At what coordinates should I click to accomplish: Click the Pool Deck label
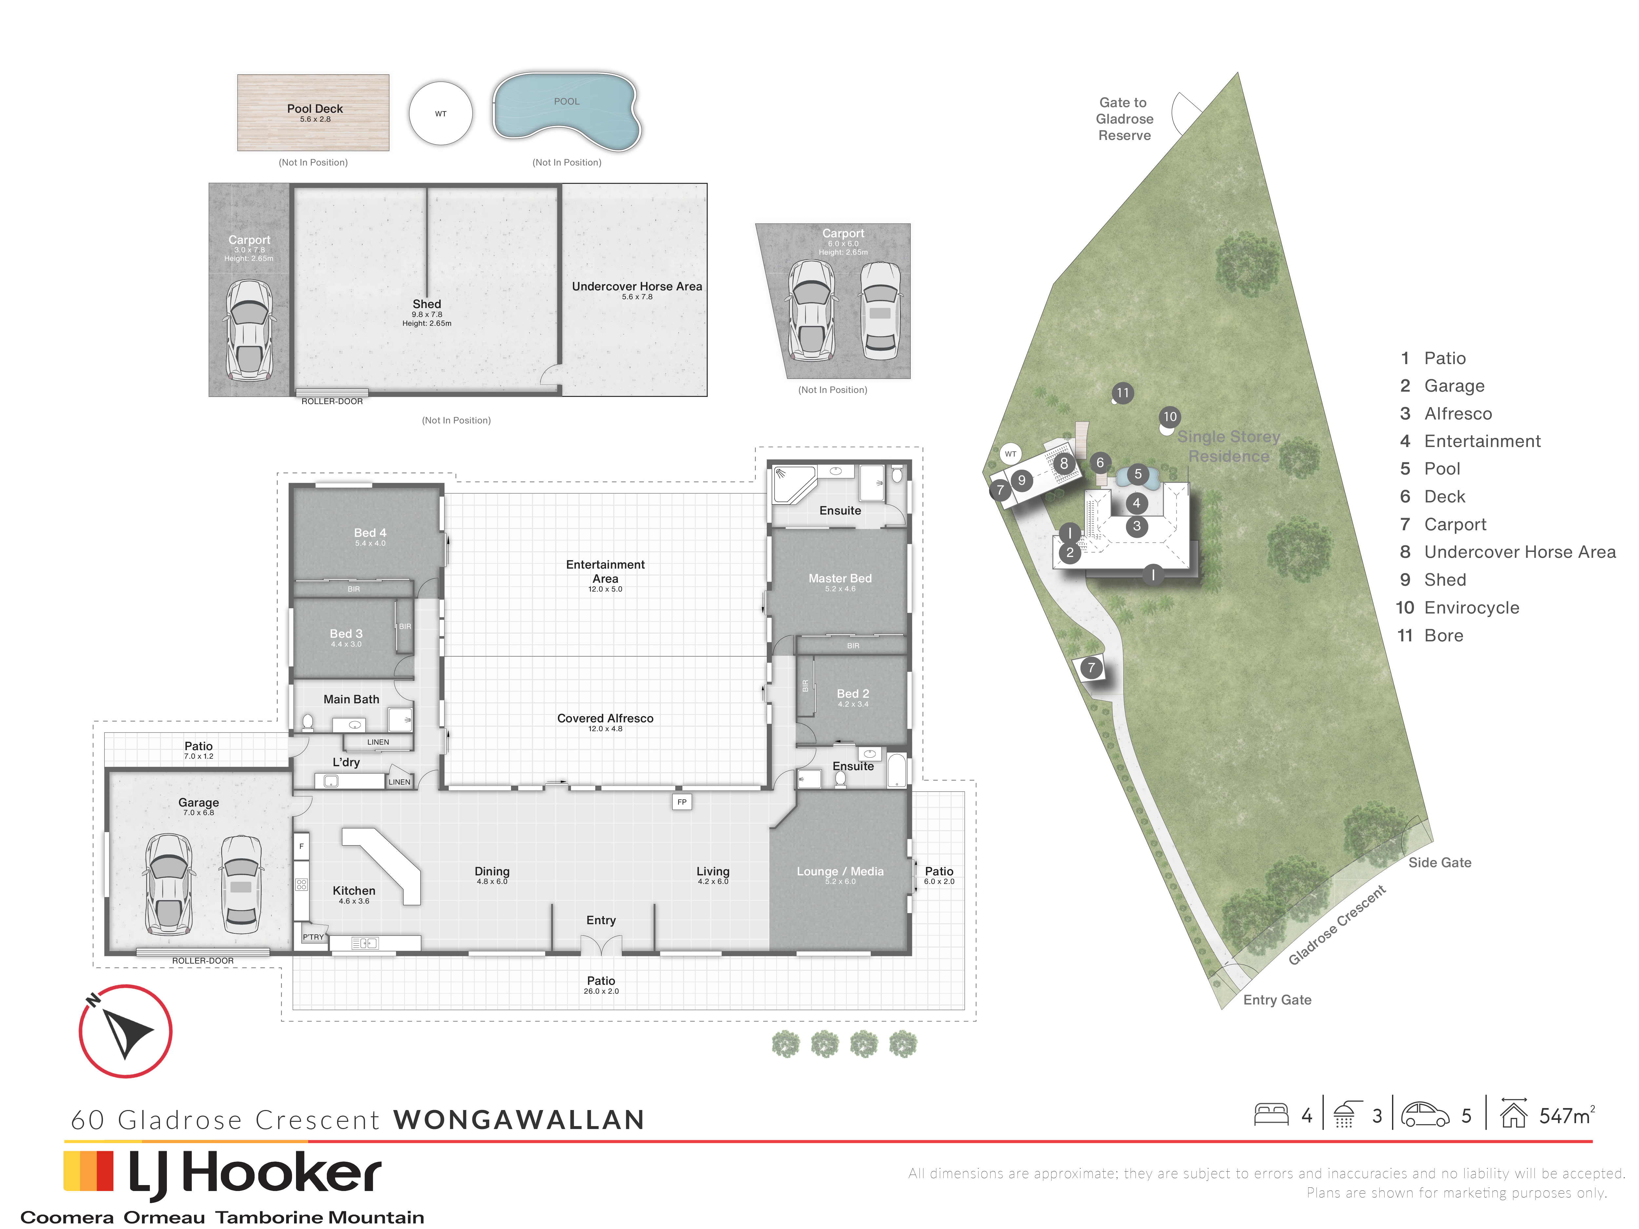click(x=315, y=109)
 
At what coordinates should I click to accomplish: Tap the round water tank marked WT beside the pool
click(x=441, y=113)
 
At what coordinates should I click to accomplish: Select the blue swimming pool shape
click(x=567, y=110)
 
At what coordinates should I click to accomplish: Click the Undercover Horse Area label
click(x=637, y=287)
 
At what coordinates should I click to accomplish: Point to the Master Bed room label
click(x=840, y=578)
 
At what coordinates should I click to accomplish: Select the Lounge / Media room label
click(x=840, y=872)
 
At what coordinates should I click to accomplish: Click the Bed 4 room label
click(x=370, y=533)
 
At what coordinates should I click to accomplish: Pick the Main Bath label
click(x=351, y=699)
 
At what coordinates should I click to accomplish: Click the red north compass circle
click(x=126, y=1031)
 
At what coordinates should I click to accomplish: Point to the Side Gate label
click(x=1440, y=862)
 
